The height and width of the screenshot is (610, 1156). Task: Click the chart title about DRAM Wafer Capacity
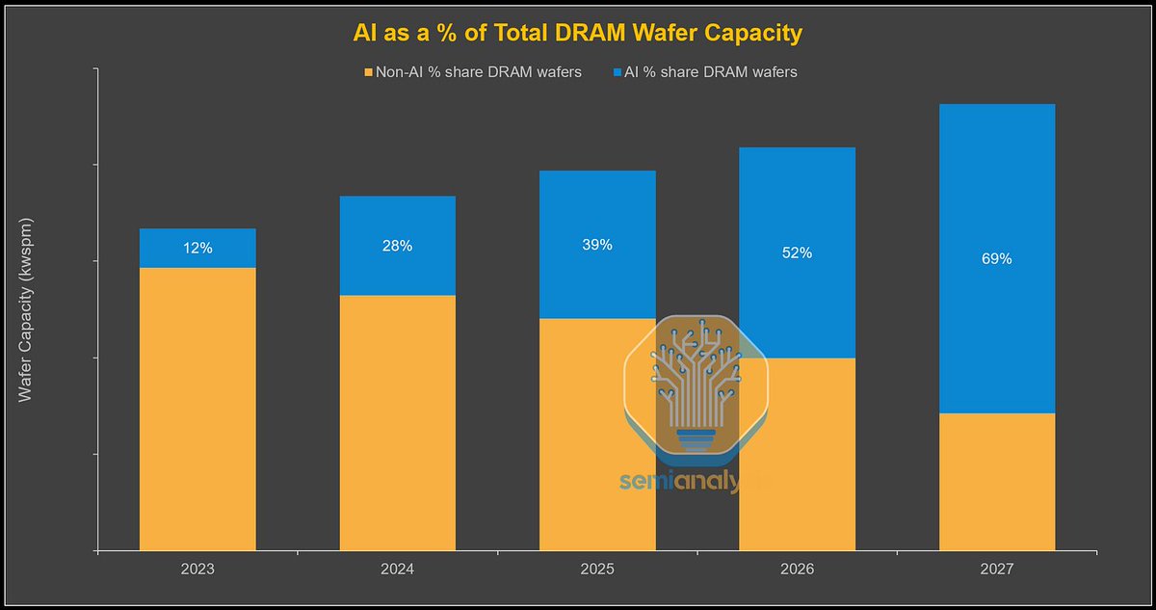[x=577, y=33]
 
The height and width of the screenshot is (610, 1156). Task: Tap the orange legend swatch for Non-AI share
[x=367, y=72]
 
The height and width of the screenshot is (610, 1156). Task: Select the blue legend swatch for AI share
[x=617, y=72]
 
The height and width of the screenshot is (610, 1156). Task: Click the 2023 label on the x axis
[x=197, y=570]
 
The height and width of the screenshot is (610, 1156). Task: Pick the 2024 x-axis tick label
[x=397, y=570]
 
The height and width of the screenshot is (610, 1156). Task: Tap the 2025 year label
[x=597, y=570]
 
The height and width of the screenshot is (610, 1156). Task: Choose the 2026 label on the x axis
[x=797, y=570]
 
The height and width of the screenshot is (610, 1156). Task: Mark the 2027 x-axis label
[x=996, y=570]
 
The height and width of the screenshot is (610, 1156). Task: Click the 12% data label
[x=197, y=248]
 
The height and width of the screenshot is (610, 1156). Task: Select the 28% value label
[x=397, y=246]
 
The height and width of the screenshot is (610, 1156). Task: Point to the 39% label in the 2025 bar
[x=597, y=245]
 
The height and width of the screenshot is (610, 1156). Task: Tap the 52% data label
[x=797, y=252]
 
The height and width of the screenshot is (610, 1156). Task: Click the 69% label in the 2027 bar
[x=996, y=258]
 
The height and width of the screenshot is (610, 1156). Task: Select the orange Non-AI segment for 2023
[x=197, y=410]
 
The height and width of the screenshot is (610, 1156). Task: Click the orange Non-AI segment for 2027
[x=996, y=482]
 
